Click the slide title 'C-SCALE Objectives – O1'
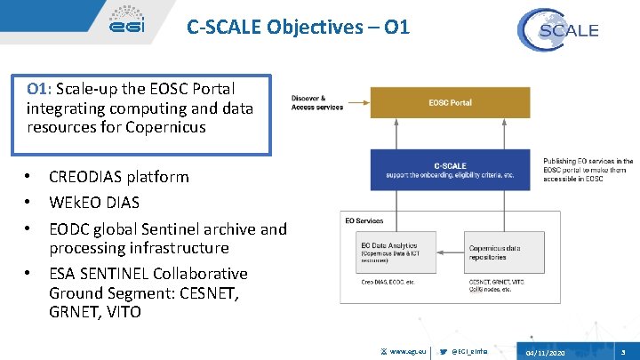point(298,28)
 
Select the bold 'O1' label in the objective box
point(37,89)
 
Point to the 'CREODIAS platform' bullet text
point(119,176)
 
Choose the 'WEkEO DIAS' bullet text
point(94,202)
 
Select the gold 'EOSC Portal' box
point(450,103)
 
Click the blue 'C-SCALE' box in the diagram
point(450,170)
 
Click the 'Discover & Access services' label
point(317,103)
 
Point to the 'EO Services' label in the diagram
point(364,220)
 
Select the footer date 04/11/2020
point(545,353)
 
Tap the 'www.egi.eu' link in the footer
point(408,352)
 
